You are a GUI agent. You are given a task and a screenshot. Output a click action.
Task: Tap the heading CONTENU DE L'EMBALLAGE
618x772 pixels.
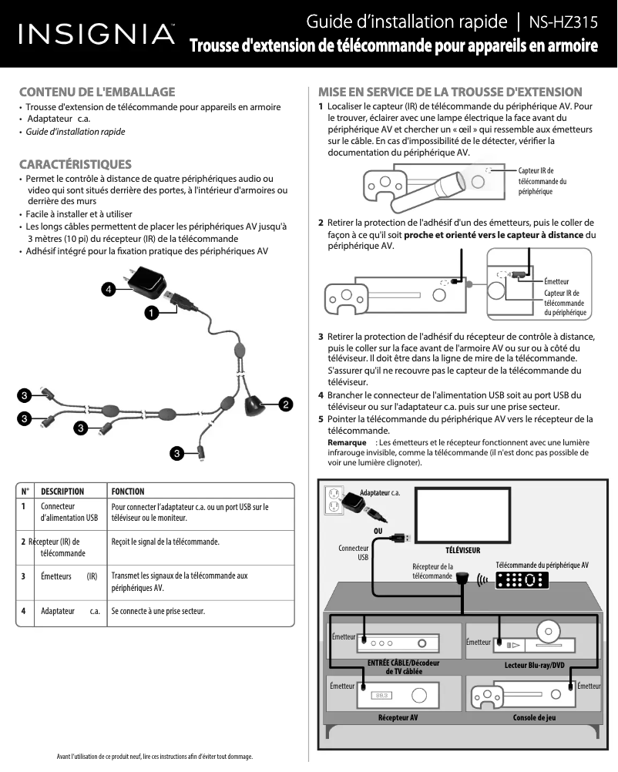97,92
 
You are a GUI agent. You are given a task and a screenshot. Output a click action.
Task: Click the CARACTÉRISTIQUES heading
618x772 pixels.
75,164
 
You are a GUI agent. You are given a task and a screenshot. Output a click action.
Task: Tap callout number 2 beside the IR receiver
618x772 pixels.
285,403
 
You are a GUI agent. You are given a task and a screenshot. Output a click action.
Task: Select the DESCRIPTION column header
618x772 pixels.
62,492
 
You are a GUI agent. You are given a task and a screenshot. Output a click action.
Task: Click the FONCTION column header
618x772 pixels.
128,492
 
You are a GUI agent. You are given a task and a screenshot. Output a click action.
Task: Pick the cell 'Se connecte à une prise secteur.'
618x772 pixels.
158,612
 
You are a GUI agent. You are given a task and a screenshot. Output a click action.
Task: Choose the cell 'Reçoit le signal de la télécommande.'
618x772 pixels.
165,542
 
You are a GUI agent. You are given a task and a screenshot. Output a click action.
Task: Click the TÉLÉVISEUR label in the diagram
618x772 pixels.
462,551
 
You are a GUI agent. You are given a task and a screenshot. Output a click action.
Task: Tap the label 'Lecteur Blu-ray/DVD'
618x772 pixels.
535,665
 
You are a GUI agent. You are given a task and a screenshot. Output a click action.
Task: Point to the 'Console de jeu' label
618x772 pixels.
535,718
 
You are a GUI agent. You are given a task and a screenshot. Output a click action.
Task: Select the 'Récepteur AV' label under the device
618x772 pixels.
398,718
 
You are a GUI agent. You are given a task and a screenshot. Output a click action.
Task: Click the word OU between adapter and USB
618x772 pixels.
378,531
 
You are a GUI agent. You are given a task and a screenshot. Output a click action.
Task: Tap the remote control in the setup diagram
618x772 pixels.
522,580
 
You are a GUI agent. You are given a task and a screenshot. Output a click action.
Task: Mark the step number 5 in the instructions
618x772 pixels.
321,419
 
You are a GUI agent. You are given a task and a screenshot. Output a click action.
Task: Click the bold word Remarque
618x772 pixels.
347,443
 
